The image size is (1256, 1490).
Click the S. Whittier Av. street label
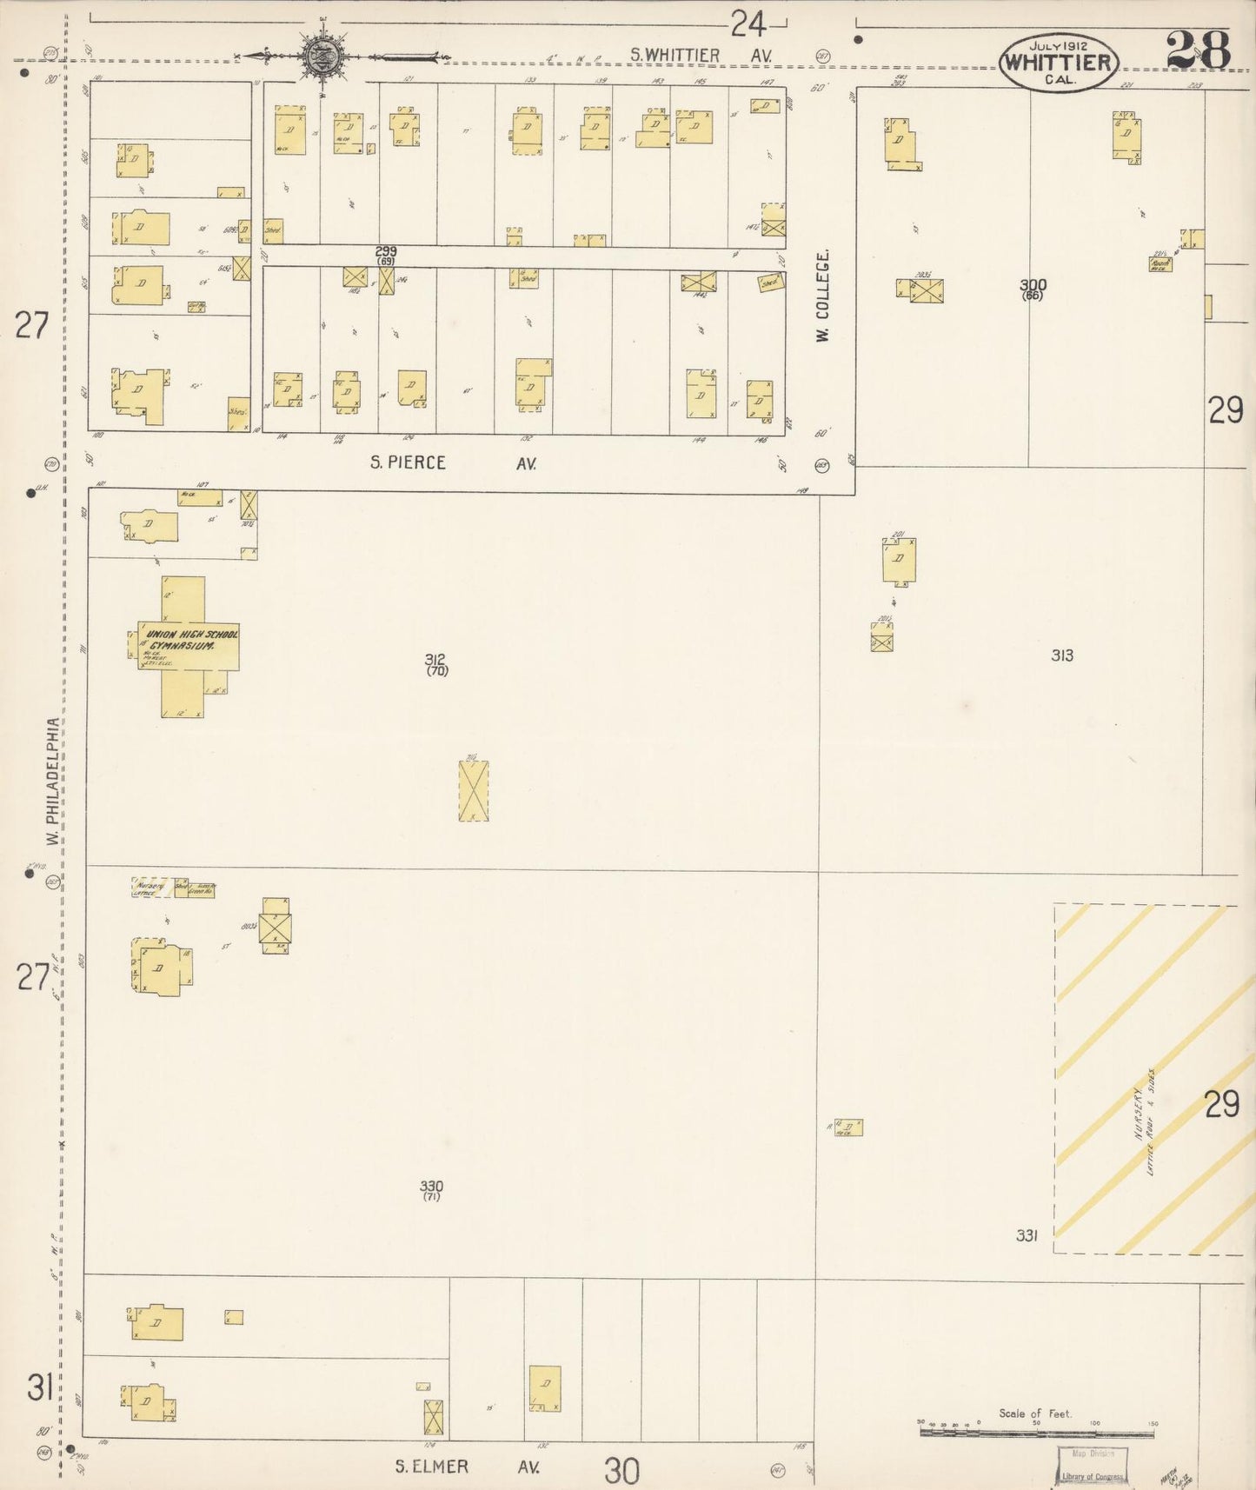[x=701, y=56]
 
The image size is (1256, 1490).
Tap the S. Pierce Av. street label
[x=453, y=463]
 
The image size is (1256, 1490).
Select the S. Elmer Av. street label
[x=466, y=1467]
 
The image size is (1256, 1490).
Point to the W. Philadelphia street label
[x=53, y=781]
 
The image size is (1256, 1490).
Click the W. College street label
[x=823, y=296]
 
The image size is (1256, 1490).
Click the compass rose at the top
[x=322, y=57]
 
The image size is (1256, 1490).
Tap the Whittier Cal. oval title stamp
[x=1058, y=63]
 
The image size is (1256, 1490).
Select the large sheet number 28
[x=1198, y=50]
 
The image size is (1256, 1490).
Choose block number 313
[x=1061, y=655]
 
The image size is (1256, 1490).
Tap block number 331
[x=1027, y=1234]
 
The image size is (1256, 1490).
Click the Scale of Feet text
[x=1035, y=1414]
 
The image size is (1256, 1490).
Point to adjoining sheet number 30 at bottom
[x=621, y=1471]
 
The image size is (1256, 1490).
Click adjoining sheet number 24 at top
[x=748, y=24]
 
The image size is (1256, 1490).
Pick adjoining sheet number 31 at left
[x=40, y=1388]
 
